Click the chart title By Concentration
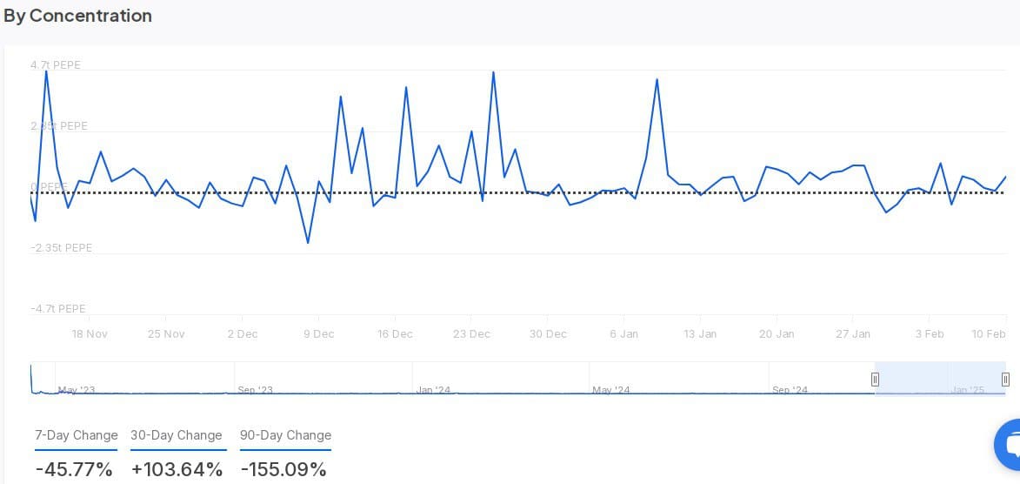coord(77,16)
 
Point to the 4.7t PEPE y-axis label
coord(56,65)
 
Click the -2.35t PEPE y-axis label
coord(61,248)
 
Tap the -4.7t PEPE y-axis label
coord(58,309)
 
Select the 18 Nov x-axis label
coord(90,334)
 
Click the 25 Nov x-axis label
coord(166,334)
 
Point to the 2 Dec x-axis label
coord(243,334)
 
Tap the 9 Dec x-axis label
coord(318,334)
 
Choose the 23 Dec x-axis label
coord(471,334)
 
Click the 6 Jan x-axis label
coord(623,334)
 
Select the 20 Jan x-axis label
coord(777,334)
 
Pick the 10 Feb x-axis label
coord(989,334)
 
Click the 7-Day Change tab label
coord(77,435)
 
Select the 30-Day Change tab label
coord(177,435)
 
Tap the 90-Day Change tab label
coord(285,435)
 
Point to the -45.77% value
coord(74,469)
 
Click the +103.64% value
coord(177,469)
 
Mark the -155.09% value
coord(283,469)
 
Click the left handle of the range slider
coord(875,379)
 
